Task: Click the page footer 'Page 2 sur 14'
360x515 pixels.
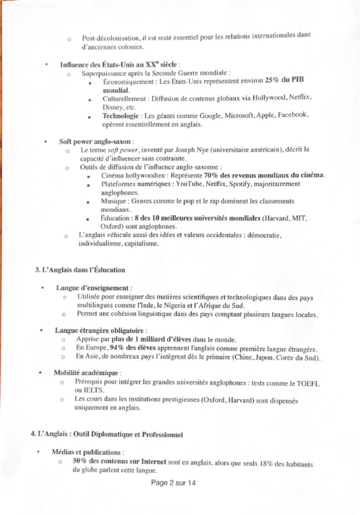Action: (173, 483)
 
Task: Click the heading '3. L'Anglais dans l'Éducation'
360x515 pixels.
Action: (80, 270)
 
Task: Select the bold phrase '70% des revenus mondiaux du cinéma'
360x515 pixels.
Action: (264, 175)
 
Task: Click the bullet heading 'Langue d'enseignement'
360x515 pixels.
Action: (93, 288)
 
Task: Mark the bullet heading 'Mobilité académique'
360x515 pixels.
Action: (86, 373)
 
